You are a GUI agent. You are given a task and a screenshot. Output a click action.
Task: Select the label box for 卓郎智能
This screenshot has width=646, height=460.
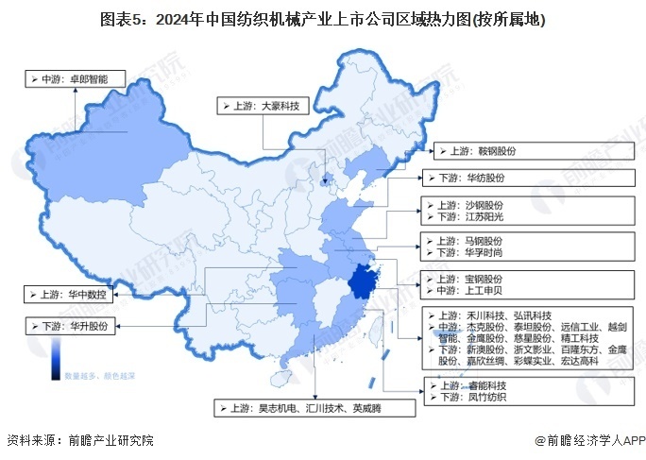click(75, 80)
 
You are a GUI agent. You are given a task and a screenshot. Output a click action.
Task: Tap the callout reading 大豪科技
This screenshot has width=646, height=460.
click(263, 107)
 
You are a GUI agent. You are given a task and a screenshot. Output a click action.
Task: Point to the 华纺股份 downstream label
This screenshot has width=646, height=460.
click(473, 178)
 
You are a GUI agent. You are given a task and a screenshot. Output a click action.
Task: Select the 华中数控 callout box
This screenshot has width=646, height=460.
click(69, 294)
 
